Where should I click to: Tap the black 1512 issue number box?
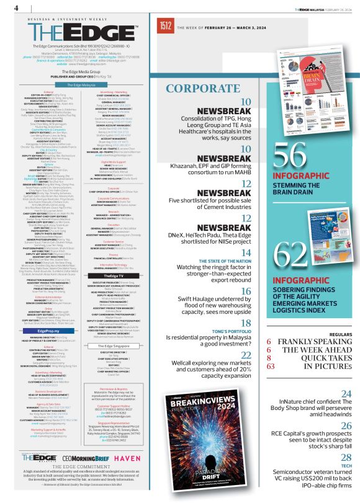pyautogui.click(x=166, y=26)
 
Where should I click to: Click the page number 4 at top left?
pyautogui.click(x=16, y=7)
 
